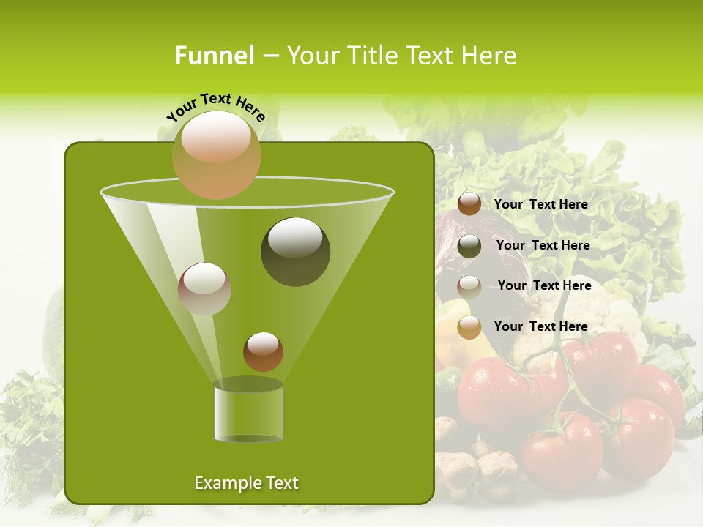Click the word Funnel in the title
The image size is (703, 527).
tap(214, 56)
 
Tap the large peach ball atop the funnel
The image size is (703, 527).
tap(216, 154)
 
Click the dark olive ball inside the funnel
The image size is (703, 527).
tap(295, 251)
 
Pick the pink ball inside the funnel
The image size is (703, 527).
tap(204, 288)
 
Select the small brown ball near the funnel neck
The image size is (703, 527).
tap(263, 351)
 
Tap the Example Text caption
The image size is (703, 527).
tap(246, 483)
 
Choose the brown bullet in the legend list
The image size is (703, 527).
tap(469, 203)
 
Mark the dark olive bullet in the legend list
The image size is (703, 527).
tap(469, 246)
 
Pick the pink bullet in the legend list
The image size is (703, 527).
tap(469, 286)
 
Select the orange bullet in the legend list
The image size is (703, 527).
tap(469, 327)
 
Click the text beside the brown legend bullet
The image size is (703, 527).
tap(540, 204)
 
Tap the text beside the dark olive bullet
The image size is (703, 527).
tap(543, 245)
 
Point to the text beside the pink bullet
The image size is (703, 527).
tap(544, 285)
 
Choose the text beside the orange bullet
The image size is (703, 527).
tap(540, 326)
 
